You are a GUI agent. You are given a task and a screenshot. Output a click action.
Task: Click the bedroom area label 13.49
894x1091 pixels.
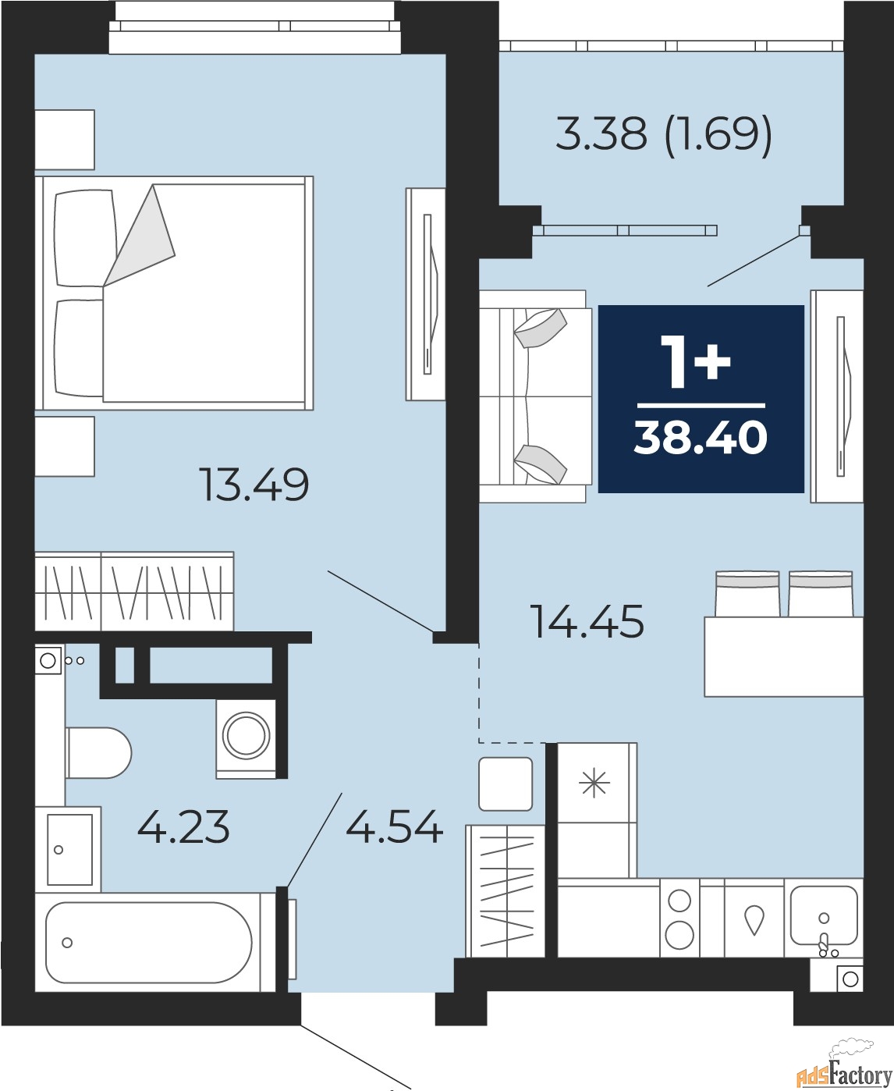coord(254,485)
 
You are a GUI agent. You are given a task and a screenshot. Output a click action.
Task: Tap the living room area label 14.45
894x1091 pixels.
coord(587,622)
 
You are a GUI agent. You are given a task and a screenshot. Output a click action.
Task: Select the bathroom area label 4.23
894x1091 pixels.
coord(183,827)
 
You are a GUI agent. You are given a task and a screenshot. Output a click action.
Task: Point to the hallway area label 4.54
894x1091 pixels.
coord(394,827)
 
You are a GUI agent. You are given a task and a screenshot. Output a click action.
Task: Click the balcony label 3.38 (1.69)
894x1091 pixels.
coord(663,134)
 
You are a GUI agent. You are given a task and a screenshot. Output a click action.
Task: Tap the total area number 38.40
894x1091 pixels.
coord(701,438)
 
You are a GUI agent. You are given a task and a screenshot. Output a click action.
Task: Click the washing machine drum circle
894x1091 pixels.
coord(246,734)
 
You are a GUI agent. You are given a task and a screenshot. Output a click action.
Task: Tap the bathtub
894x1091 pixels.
coord(148,943)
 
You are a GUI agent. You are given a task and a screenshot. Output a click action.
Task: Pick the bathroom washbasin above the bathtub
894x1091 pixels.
coord(69,849)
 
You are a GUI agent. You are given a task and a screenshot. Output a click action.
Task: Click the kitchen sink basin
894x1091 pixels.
coord(823,915)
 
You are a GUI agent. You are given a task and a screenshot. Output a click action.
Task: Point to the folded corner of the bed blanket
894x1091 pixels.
coord(140,234)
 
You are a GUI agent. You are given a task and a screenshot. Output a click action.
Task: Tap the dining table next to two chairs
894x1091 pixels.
coord(783,656)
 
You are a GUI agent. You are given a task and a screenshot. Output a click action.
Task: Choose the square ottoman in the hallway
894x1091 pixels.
coord(506,784)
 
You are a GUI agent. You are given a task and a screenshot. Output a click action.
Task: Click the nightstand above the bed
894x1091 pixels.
coord(65,140)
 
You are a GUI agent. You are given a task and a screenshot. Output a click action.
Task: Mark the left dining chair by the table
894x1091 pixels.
coord(747,595)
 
